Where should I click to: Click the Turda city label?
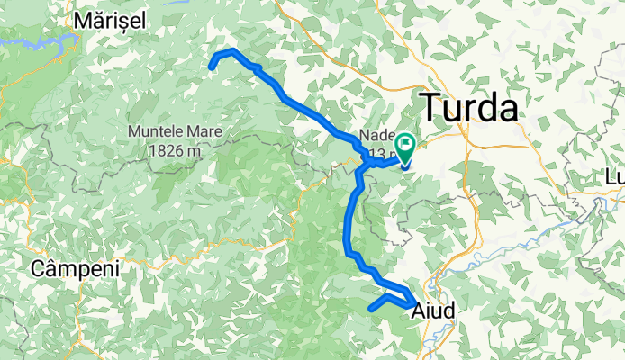pyautogui.click(x=470, y=108)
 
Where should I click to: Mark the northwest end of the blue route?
pyautogui.click(x=213, y=65)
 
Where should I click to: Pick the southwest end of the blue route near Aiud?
pyautogui.click(x=371, y=310)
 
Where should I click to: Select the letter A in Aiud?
pyautogui.click(x=419, y=310)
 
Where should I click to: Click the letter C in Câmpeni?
pyautogui.click(x=38, y=268)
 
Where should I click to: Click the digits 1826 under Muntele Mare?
pyautogui.click(x=165, y=150)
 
